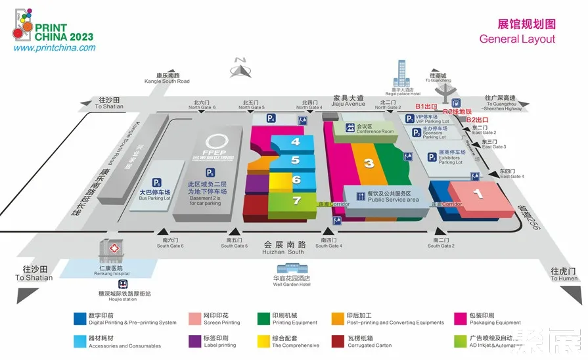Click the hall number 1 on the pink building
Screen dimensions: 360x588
(478, 194)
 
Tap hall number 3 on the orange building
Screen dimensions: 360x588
(369, 163)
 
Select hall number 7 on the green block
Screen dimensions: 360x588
(296, 200)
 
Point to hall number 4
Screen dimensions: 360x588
(296, 141)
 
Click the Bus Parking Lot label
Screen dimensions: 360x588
(154, 195)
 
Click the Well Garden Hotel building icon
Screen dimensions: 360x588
(292, 269)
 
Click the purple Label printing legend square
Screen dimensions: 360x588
(193, 341)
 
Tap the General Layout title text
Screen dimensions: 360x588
(517, 39)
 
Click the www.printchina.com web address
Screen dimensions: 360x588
(55, 48)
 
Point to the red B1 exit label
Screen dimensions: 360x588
(426, 106)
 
